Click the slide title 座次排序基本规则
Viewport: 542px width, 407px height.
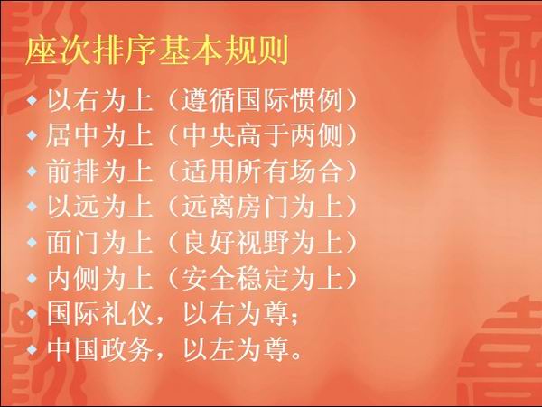point(156,51)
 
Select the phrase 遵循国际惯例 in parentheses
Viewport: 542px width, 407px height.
point(262,100)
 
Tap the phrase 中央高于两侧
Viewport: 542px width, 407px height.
point(262,135)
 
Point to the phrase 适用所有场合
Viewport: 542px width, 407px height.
point(262,171)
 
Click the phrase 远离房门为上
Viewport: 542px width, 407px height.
point(262,207)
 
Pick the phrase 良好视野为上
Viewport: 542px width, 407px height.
point(262,242)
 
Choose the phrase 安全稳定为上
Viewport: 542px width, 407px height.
point(262,278)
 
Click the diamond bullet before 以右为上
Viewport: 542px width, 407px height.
point(33,100)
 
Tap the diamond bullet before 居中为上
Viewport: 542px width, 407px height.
point(33,135)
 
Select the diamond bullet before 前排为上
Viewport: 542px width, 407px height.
point(33,171)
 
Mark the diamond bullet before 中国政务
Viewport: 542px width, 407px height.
point(33,349)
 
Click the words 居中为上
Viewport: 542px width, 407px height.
point(99,135)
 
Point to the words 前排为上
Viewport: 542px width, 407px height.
point(99,171)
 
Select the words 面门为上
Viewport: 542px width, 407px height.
point(99,242)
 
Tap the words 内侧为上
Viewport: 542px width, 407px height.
point(99,278)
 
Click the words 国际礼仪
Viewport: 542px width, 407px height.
point(99,313)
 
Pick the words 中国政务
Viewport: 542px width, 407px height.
point(99,349)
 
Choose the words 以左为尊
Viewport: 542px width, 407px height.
point(236,349)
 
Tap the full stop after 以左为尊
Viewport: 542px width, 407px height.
point(296,356)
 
